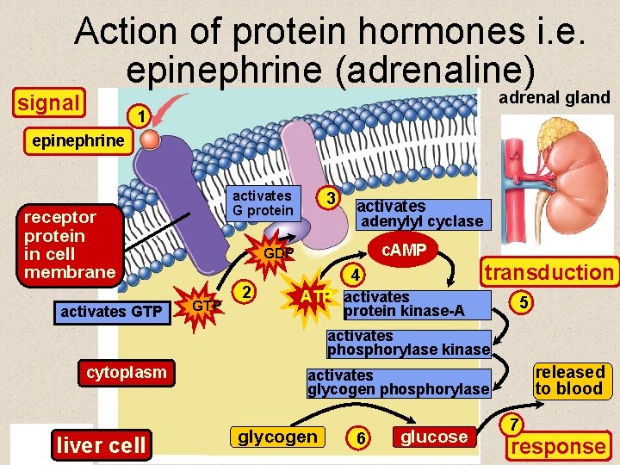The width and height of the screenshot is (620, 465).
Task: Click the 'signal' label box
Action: (x=49, y=103)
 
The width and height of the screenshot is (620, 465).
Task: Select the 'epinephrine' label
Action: (x=77, y=140)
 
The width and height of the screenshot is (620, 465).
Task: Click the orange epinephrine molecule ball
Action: (x=151, y=139)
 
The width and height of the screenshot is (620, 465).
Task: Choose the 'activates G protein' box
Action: (x=263, y=203)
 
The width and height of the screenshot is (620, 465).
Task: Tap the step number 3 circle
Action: (x=328, y=198)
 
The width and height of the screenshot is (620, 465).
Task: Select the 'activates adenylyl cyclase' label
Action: (x=419, y=214)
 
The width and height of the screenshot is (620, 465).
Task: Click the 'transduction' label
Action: (x=549, y=273)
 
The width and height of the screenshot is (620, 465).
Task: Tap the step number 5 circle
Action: (x=521, y=302)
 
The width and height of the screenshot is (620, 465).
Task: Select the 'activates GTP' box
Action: (x=111, y=311)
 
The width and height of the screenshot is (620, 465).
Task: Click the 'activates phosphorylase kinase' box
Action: (x=407, y=344)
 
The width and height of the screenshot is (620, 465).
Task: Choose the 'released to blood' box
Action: (x=569, y=380)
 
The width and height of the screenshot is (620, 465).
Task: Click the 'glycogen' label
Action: (x=277, y=437)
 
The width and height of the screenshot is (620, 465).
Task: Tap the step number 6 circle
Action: (x=362, y=438)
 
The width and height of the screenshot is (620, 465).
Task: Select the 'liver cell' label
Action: (x=102, y=445)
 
